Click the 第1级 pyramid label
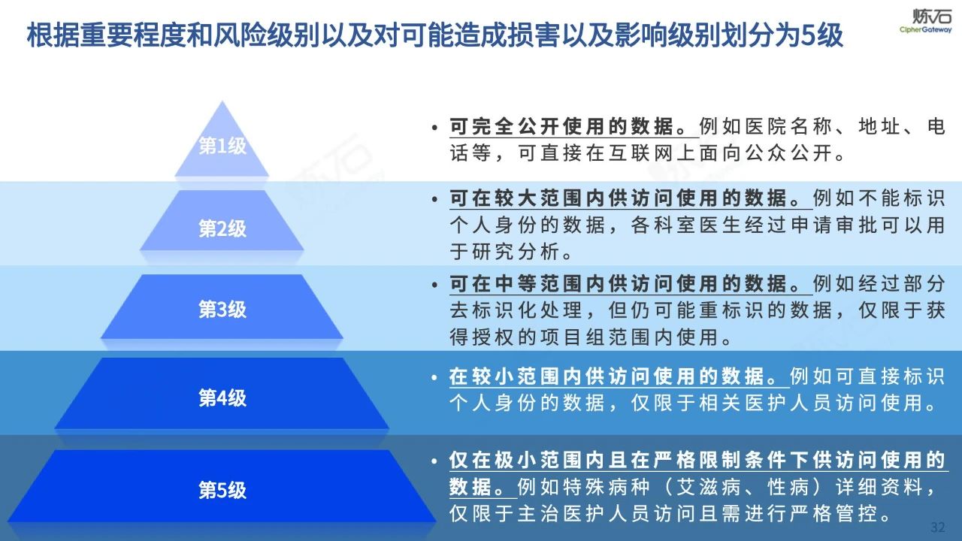tap(222, 147)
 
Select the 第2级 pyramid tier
tap(222, 228)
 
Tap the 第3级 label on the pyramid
tap(222, 310)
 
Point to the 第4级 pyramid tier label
tap(222, 397)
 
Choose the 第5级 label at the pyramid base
tap(222, 491)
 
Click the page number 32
tap(938, 525)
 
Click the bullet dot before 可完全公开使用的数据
tap(435, 128)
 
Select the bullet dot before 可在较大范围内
tap(435, 201)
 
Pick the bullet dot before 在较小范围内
tap(435, 375)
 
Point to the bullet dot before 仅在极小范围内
tap(435, 461)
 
